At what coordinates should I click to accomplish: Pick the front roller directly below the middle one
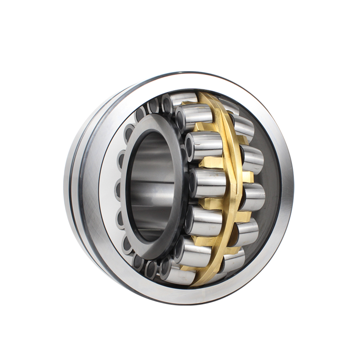(205, 220)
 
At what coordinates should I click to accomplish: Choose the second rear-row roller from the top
(243, 126)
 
